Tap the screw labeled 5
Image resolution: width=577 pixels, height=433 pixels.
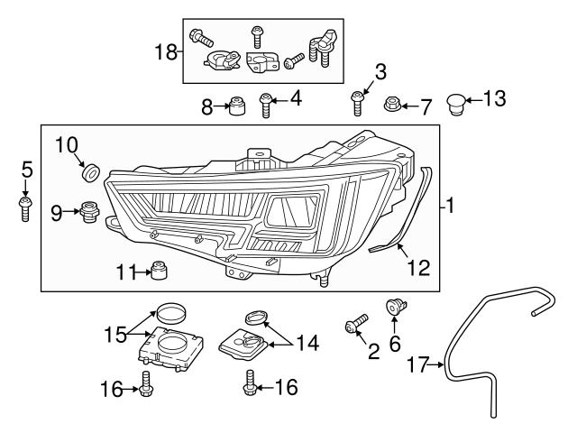[x=25, y=207]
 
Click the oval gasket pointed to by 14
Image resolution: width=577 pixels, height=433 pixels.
[x=257, y=317]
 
